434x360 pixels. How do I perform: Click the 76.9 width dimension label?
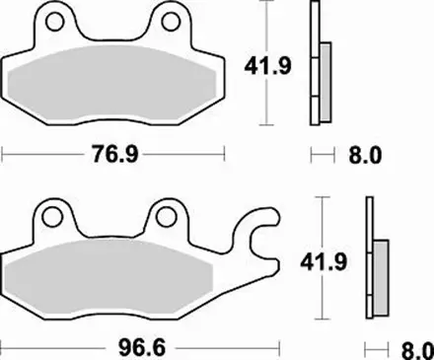115,154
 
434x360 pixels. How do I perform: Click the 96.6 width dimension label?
142,347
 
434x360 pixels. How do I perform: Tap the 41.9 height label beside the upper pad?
267,66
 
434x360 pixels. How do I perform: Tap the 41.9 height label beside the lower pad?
324,262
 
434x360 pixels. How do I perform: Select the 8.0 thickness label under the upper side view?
365,155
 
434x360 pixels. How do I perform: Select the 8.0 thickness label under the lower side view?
418,350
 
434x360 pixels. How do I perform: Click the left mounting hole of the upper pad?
54,22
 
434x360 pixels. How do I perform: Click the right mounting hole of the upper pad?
171,22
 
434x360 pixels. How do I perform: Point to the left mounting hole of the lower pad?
52,217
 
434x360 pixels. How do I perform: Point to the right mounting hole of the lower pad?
166,217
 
